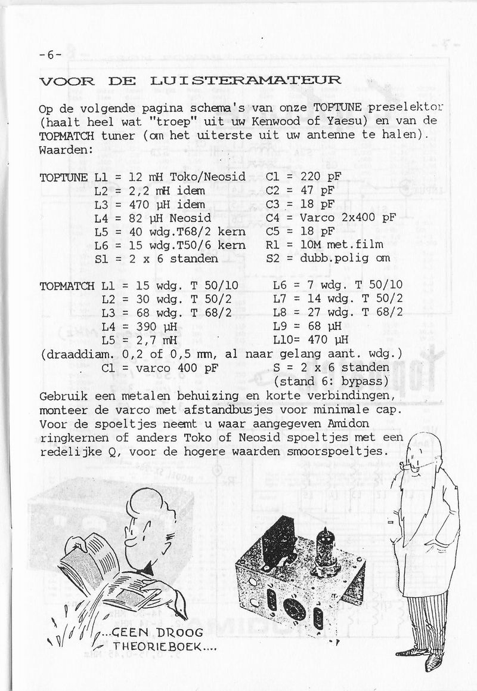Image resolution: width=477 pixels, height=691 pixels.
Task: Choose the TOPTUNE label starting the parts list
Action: point(64,178)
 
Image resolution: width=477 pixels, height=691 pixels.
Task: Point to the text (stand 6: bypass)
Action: point(332,381)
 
